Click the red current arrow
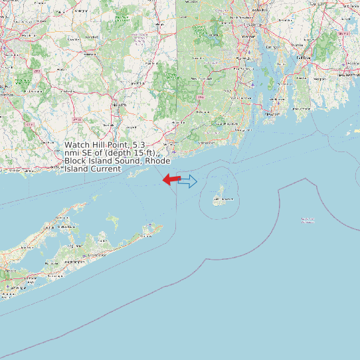click(x=171, y=179)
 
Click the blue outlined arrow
click(x=188, y=181)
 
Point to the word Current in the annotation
click(x=106, y=169)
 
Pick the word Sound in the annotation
click(x=126, y=161)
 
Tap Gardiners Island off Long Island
click(x=113, y=220)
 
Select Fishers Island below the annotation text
click(x=138, y=173)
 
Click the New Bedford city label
click(x=347, y=74)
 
